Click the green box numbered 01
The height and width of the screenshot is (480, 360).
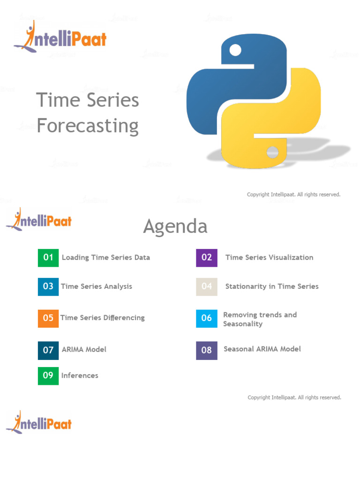48,257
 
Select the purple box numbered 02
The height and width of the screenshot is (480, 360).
207,257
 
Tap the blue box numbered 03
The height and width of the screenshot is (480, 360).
48,286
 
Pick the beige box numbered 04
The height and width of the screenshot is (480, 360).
207,286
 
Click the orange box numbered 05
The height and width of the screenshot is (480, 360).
48,318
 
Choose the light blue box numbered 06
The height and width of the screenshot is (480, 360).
207,318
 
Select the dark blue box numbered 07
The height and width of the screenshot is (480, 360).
48,350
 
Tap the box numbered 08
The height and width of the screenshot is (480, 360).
207,350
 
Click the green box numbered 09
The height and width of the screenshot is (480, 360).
48,375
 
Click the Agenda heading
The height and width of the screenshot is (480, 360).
175,227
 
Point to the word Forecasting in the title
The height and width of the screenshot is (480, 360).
88,126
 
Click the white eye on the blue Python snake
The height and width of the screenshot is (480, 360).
235,50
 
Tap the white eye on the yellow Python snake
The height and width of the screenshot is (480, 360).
272,152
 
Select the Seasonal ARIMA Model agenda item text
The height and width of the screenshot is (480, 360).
262,349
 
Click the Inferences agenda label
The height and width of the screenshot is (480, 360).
80,375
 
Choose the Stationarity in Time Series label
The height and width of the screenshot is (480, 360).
272,286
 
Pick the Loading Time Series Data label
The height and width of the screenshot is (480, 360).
106,257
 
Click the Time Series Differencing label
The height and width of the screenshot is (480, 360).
103,318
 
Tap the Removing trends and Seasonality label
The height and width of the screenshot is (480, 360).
260,319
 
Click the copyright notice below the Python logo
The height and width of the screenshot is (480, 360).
293,195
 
